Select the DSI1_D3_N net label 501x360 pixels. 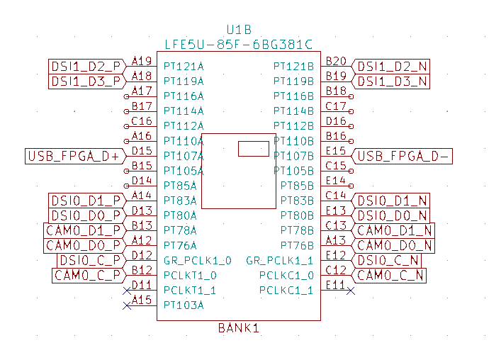392,81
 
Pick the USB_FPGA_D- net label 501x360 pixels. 403,156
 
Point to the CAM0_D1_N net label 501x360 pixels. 394,230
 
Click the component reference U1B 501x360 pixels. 239,30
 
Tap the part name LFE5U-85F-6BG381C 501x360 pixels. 239,44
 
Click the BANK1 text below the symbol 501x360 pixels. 239,328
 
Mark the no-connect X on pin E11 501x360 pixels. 350,291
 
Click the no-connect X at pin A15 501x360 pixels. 128,305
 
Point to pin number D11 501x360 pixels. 142,285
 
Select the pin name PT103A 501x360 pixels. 184,305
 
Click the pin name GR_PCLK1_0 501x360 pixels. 197,260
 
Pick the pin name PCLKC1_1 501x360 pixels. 286,290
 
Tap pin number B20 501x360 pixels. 336,61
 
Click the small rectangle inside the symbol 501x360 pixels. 253,148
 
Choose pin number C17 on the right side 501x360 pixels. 336,106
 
